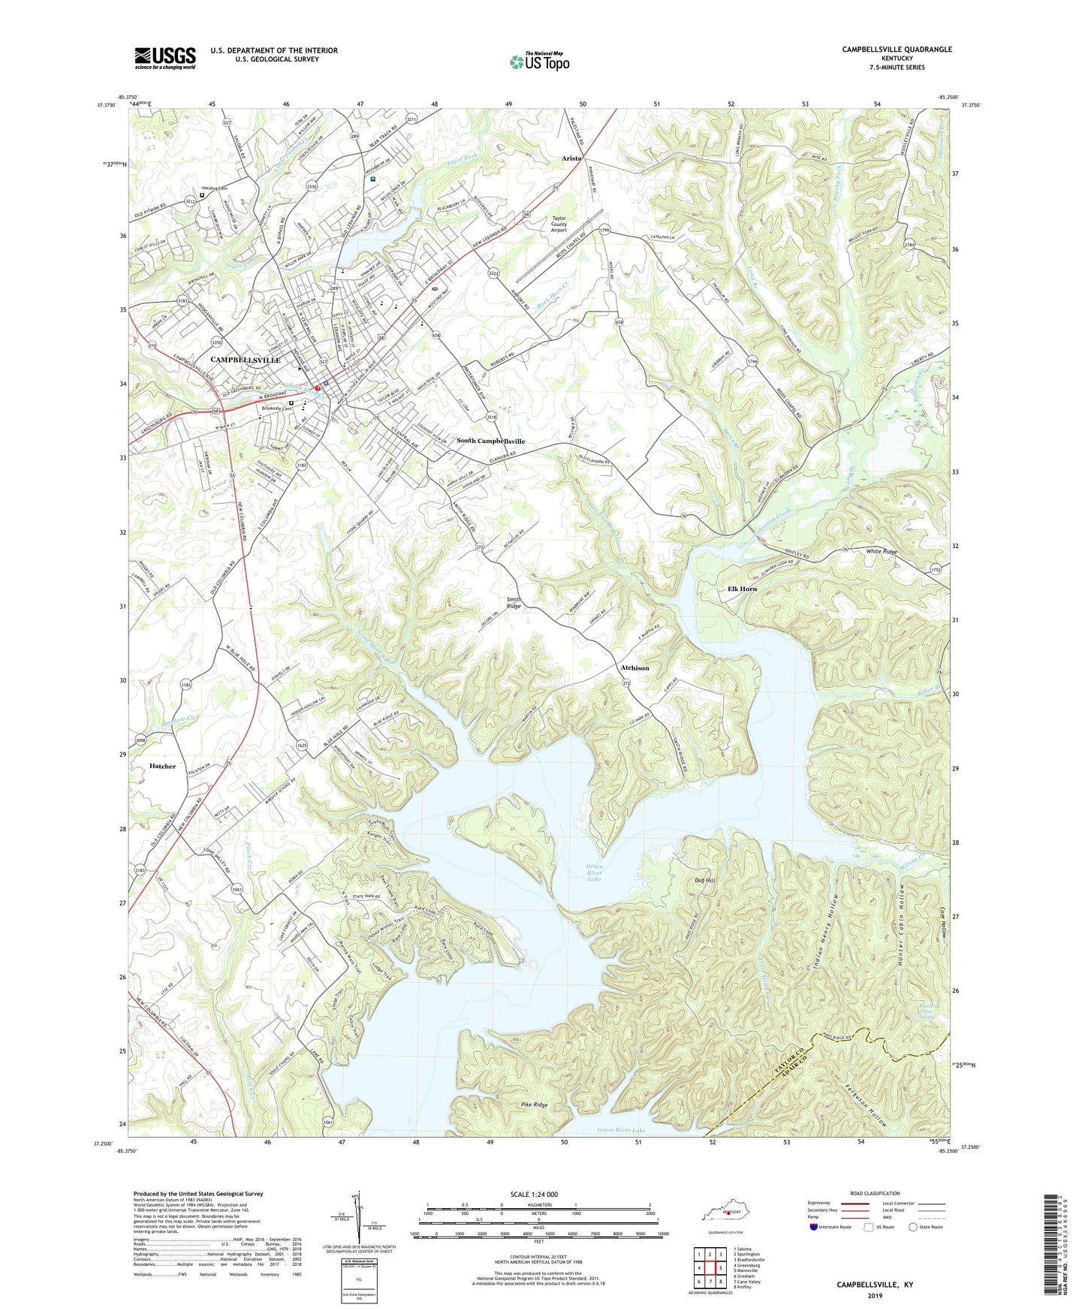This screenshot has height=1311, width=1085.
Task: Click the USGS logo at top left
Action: pos(165,58)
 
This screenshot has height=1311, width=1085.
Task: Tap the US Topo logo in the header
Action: pos(539,62)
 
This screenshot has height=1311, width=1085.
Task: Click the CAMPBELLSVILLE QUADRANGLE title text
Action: pos(897,50)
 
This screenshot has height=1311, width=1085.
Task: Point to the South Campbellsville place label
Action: pos(490,441)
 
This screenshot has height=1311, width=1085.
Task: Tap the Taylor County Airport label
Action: pos(559,224)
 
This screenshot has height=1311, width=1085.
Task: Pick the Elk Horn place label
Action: pos(742,589)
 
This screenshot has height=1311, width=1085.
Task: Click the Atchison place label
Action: pos(634,668)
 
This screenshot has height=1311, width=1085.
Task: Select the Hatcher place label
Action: pos(162,766)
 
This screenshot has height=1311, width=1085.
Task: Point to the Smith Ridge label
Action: pos(514,603)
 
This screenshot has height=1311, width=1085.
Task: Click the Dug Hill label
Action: pos(705,880)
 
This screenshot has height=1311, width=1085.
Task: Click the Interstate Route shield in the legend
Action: pos(815,1227)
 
